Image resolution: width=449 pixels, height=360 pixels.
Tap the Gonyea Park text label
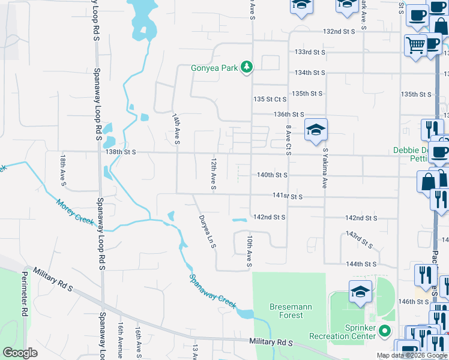(x=214, y=68)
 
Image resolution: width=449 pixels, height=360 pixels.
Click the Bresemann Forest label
(x=291, y=311)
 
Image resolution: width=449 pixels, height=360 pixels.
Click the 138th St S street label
(x=121, y=152)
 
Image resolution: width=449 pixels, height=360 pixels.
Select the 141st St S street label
(x=286, y=196)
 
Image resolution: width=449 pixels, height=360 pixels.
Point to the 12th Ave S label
(x=212, y=175)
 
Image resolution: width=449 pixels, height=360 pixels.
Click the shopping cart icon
(x=415, y=45)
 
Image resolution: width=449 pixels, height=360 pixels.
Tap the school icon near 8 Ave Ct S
(x=316, y=130)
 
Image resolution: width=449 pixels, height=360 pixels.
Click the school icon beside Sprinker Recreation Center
(x=360, y=292)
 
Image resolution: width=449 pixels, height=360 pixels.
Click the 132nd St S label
(x=340, y=31)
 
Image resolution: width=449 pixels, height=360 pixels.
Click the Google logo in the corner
(x=20, y=353)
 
